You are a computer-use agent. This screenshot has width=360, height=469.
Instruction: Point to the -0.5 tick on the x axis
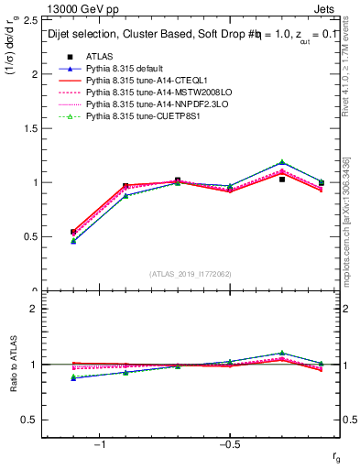(228, 444)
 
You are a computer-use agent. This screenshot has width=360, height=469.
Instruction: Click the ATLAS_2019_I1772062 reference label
(190, 273)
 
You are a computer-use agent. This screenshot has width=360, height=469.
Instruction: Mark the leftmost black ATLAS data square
(73, 232)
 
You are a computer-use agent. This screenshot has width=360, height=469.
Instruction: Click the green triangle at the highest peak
(282, 162)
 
